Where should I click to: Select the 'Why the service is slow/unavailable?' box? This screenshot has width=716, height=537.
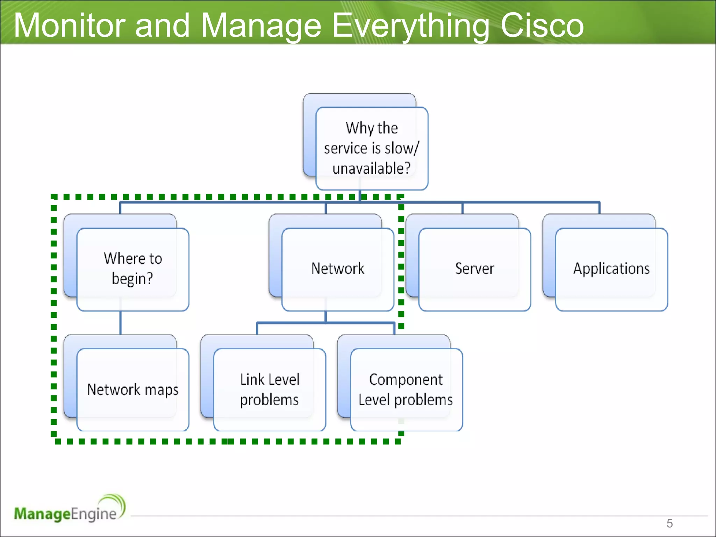pos(371,148)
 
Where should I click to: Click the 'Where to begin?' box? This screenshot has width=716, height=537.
pos(133,269)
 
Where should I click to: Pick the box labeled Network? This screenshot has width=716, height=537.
pos(337,269)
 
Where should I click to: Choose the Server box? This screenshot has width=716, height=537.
pos(474,269)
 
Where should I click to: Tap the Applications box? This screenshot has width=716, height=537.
pos(611,269)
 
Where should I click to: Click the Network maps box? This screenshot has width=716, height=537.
pos(133,389)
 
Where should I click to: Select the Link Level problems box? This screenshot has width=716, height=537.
pos(269,389)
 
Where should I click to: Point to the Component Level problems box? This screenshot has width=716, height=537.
pos(406,389)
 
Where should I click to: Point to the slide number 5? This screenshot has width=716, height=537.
pos(669,523)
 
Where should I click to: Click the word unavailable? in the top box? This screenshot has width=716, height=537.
pos(371,169)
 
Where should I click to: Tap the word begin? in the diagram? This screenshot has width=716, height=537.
pos(132,279)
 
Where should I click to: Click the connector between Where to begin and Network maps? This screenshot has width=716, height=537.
pos(121,323)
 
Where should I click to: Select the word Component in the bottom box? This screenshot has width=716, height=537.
pos(406,380)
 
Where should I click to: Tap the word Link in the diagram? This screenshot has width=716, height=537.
pos(252,380)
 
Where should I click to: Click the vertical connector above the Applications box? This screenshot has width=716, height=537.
pos(599,208)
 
